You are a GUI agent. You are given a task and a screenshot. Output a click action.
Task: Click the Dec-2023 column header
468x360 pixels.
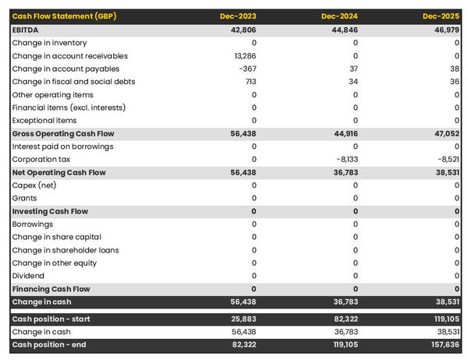[x=239, y=16]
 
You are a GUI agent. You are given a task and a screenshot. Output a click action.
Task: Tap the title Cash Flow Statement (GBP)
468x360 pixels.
[x=65, y=16]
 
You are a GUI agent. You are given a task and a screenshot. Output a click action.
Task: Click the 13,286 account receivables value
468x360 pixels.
[x=245, y=56]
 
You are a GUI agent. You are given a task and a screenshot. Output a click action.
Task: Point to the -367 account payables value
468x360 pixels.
[x=247, y=69]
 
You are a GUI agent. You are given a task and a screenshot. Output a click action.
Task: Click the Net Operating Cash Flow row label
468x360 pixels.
[x=58, y=172]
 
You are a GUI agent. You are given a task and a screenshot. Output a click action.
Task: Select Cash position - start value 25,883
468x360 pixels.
[x=243, y=319]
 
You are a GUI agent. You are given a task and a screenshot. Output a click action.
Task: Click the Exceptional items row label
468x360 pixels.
[x=44, y=120]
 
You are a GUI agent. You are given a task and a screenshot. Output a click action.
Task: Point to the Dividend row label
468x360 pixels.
[x=29, y=276]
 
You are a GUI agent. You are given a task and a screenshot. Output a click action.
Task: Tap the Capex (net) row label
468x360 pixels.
[x=35, y=185]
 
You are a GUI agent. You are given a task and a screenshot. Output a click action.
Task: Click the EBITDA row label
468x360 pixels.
[x=27, y=30]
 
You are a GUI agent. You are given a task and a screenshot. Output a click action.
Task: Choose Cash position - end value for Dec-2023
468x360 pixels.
[x=243, y=345]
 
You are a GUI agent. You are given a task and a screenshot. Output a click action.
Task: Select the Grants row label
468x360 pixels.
[x=26, y=198]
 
